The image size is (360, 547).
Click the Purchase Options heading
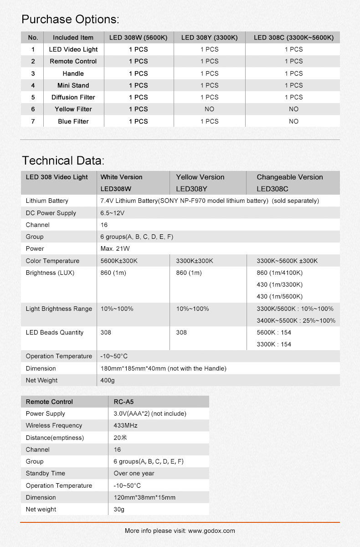tap(71, 19)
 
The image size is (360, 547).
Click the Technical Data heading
tap(63, 160)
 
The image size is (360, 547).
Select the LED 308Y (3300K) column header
tap(209, 37)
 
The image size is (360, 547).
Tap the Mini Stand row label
tap(73, 85)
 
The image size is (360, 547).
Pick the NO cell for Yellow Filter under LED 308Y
tap(209, 109)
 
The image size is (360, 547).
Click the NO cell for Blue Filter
tap(293, 121)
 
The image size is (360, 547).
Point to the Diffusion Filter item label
tap(73, 97)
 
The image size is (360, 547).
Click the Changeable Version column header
tap(289, 177)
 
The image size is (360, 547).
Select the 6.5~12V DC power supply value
tap(113, 213)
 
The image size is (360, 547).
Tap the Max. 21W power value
tap(115, 248)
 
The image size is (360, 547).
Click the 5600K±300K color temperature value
tap(119, 261)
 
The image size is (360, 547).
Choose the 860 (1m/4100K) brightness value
tap(279, 273)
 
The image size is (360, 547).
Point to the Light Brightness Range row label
tap(59, 309)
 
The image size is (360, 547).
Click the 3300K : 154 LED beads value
tap(273, 344)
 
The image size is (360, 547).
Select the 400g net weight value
tap(108, 380)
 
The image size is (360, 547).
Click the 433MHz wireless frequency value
tap(125, 425)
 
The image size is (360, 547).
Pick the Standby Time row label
tap(45, 473)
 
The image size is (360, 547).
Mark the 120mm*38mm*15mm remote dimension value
tap(144, 497)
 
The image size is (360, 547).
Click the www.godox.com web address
tap(211, 531)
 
